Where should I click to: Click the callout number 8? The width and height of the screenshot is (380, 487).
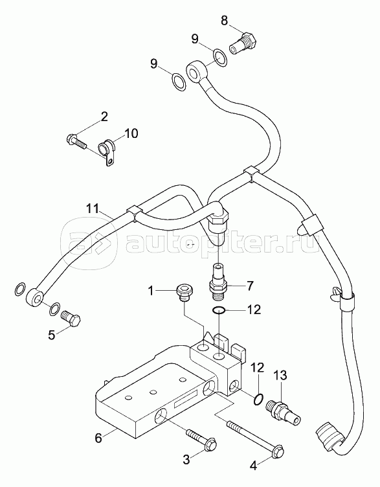coord(224,21)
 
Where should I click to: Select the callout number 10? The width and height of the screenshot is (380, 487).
coord(131,133)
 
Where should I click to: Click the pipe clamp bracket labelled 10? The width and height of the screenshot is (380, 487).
coord(107,153)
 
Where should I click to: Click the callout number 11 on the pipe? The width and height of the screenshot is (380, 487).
coord(93,208)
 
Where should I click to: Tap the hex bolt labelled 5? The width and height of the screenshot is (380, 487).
coord(71,319)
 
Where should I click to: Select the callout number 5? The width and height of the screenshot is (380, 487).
coord(52,335)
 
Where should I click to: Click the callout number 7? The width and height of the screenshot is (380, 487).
coord(250,285)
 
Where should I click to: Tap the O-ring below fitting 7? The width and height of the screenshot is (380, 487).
coord(219,310)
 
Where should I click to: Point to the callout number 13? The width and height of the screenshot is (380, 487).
coord(280,376)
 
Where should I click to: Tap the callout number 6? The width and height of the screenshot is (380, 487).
coord(98,438)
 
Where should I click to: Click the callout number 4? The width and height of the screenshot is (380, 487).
coord(254,466)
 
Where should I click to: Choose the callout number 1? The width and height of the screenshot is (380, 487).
coord(151,291)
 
